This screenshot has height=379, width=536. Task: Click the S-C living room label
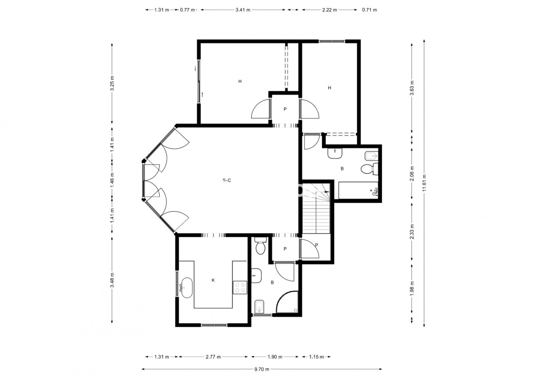(x=227, y=180)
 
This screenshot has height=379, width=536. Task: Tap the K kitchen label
(x=213, y=280)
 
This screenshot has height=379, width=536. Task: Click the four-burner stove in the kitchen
(x=240, y=288)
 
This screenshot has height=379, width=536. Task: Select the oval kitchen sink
(x=187, y=288)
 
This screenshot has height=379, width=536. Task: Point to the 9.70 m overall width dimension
(x=262, y=369)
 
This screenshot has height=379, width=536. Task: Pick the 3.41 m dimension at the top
(x=243, y=10)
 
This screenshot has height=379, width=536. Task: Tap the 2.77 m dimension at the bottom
(x=213, y=357)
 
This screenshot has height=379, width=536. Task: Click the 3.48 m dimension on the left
(x=112, y=280)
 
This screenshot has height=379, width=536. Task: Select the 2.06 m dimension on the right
(x=412, y=174)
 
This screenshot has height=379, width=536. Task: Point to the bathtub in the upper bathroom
(x=358, y=191)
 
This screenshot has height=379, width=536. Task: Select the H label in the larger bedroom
(x=240, y=81)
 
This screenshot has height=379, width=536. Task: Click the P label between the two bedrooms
(x=285, y=109)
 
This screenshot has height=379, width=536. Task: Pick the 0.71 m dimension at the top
(x=370, y=10)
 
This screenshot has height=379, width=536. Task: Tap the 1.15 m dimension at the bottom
(x=316, y=357)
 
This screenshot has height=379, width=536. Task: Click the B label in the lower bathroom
(x=272, y=282)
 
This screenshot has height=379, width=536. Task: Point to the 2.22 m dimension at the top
(x=329, y=10)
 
